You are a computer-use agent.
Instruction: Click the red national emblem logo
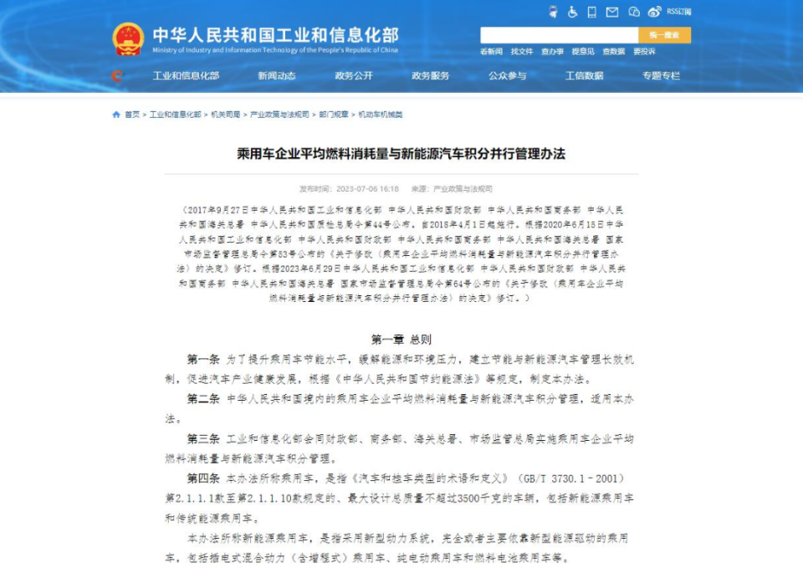click(x=128, y=38)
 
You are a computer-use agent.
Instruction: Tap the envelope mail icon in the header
click(x=612, y=12)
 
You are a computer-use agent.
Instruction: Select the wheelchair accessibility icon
click(x=573, y=12)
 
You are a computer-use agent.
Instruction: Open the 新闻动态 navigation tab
click(x=277, y=75)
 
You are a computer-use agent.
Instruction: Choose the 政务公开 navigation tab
click(x=354, y=75)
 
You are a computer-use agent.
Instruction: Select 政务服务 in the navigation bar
click(x=431, y=75)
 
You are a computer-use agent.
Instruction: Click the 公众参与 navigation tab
click(x=508, y=75)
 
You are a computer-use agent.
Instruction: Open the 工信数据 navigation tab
click(x=585, y=75)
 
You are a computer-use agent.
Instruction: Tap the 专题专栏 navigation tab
click(x=662, y=75)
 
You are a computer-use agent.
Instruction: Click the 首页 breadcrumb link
click(x=132, y=115)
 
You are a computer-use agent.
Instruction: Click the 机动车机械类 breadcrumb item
click(x=381, y=115)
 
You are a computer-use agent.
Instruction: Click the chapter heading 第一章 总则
click(x=401, y=340)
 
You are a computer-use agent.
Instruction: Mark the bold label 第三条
click(x=203, y=438)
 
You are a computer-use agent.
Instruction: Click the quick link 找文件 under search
click(x=522, y=52)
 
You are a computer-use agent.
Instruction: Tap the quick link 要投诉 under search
click(x=644, y=52)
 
